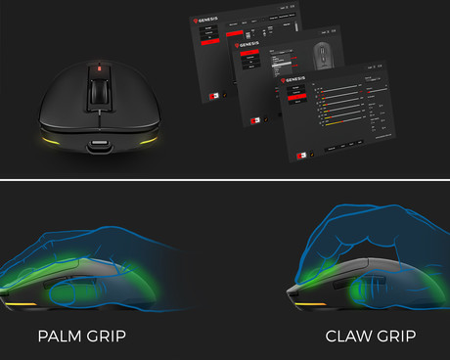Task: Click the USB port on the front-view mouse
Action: tap(99, 150)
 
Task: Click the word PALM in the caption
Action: tap(63, 337)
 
